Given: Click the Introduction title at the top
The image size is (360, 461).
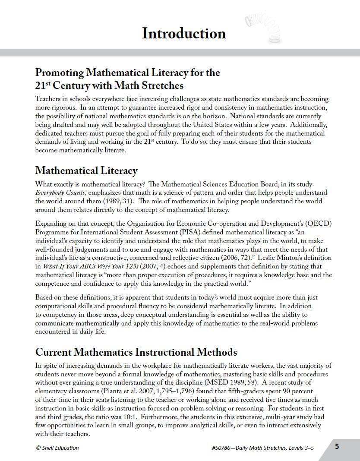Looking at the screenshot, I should [x=183, y=34].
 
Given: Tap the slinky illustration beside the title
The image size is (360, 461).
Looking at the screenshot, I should [x=258, y=27].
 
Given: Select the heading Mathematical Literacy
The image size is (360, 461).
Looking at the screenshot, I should [x=86, y=171].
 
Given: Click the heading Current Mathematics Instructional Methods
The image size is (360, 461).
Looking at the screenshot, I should [x=136, y=352].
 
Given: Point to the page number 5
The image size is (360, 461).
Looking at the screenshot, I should [x=337, y=446].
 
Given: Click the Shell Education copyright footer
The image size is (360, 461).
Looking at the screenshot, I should [x=57, y=448].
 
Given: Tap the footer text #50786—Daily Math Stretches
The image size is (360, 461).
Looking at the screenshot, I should [x=263, y=448].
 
